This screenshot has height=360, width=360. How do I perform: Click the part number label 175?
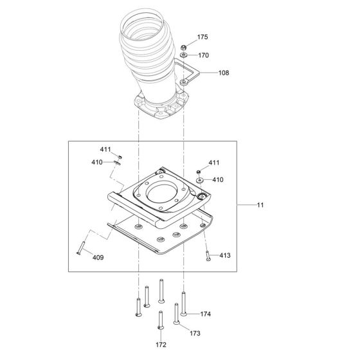(x=203, y=38)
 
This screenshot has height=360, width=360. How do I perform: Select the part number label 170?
(x=203, y=55)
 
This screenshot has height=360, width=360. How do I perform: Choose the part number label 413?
(x=224, y=255)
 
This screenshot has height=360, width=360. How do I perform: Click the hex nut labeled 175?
(x=184, y=46)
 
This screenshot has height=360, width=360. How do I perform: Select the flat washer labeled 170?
(x=184, y=57)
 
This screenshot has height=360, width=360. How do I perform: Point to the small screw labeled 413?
(x=207, y=255)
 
